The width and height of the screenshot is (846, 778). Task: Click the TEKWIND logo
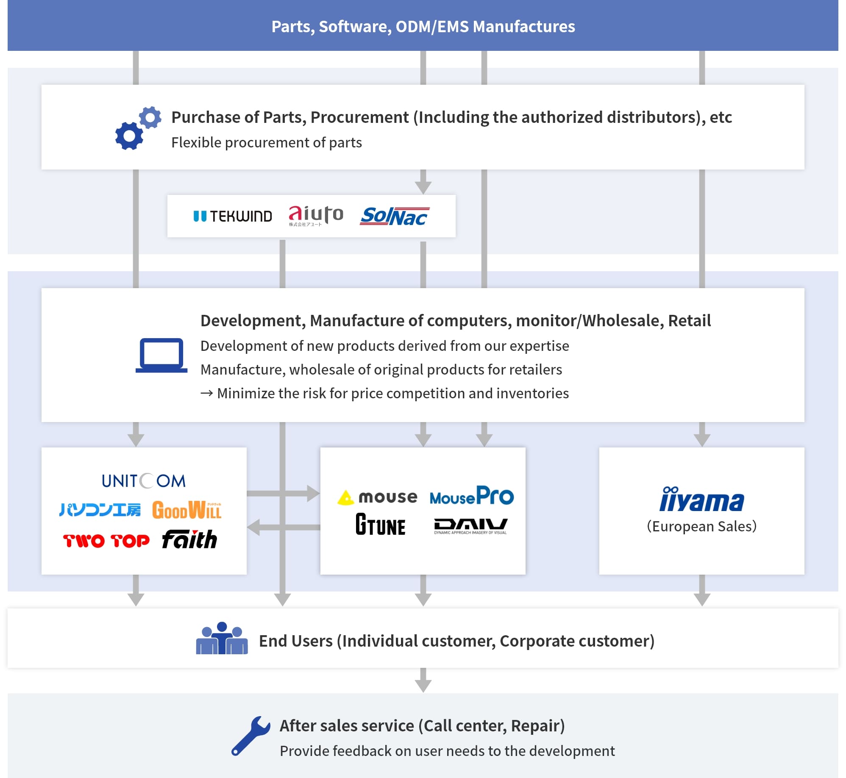coord(233,216)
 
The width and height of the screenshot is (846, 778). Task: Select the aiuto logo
coord(316,215)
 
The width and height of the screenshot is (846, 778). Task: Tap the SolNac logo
coord(394,216)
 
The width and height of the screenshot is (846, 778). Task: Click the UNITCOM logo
coord(144,481)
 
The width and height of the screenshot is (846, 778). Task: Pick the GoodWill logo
coord(186,510)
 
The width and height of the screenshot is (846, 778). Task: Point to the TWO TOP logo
coord(106,541)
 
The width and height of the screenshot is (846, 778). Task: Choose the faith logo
coord(189,539)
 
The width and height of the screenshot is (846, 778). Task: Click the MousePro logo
coord(471,496)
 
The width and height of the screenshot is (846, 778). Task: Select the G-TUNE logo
coord(380,525)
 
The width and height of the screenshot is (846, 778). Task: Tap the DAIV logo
coord(470,526)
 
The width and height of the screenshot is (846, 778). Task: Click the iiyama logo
coord(701,500)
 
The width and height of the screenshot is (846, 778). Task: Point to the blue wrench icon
coord(250,736)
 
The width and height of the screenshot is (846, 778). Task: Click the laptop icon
coord(161,355)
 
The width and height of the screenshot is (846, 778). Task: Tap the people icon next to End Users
coord(222,639)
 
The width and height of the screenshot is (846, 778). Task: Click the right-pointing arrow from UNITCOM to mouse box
coord(283,493)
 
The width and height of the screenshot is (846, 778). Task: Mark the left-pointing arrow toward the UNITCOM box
coord(283,528)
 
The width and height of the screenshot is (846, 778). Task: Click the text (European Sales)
coord(701,526)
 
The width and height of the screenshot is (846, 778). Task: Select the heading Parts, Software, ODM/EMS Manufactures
coord(423,26)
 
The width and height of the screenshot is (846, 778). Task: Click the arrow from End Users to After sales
coord(423,680)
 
